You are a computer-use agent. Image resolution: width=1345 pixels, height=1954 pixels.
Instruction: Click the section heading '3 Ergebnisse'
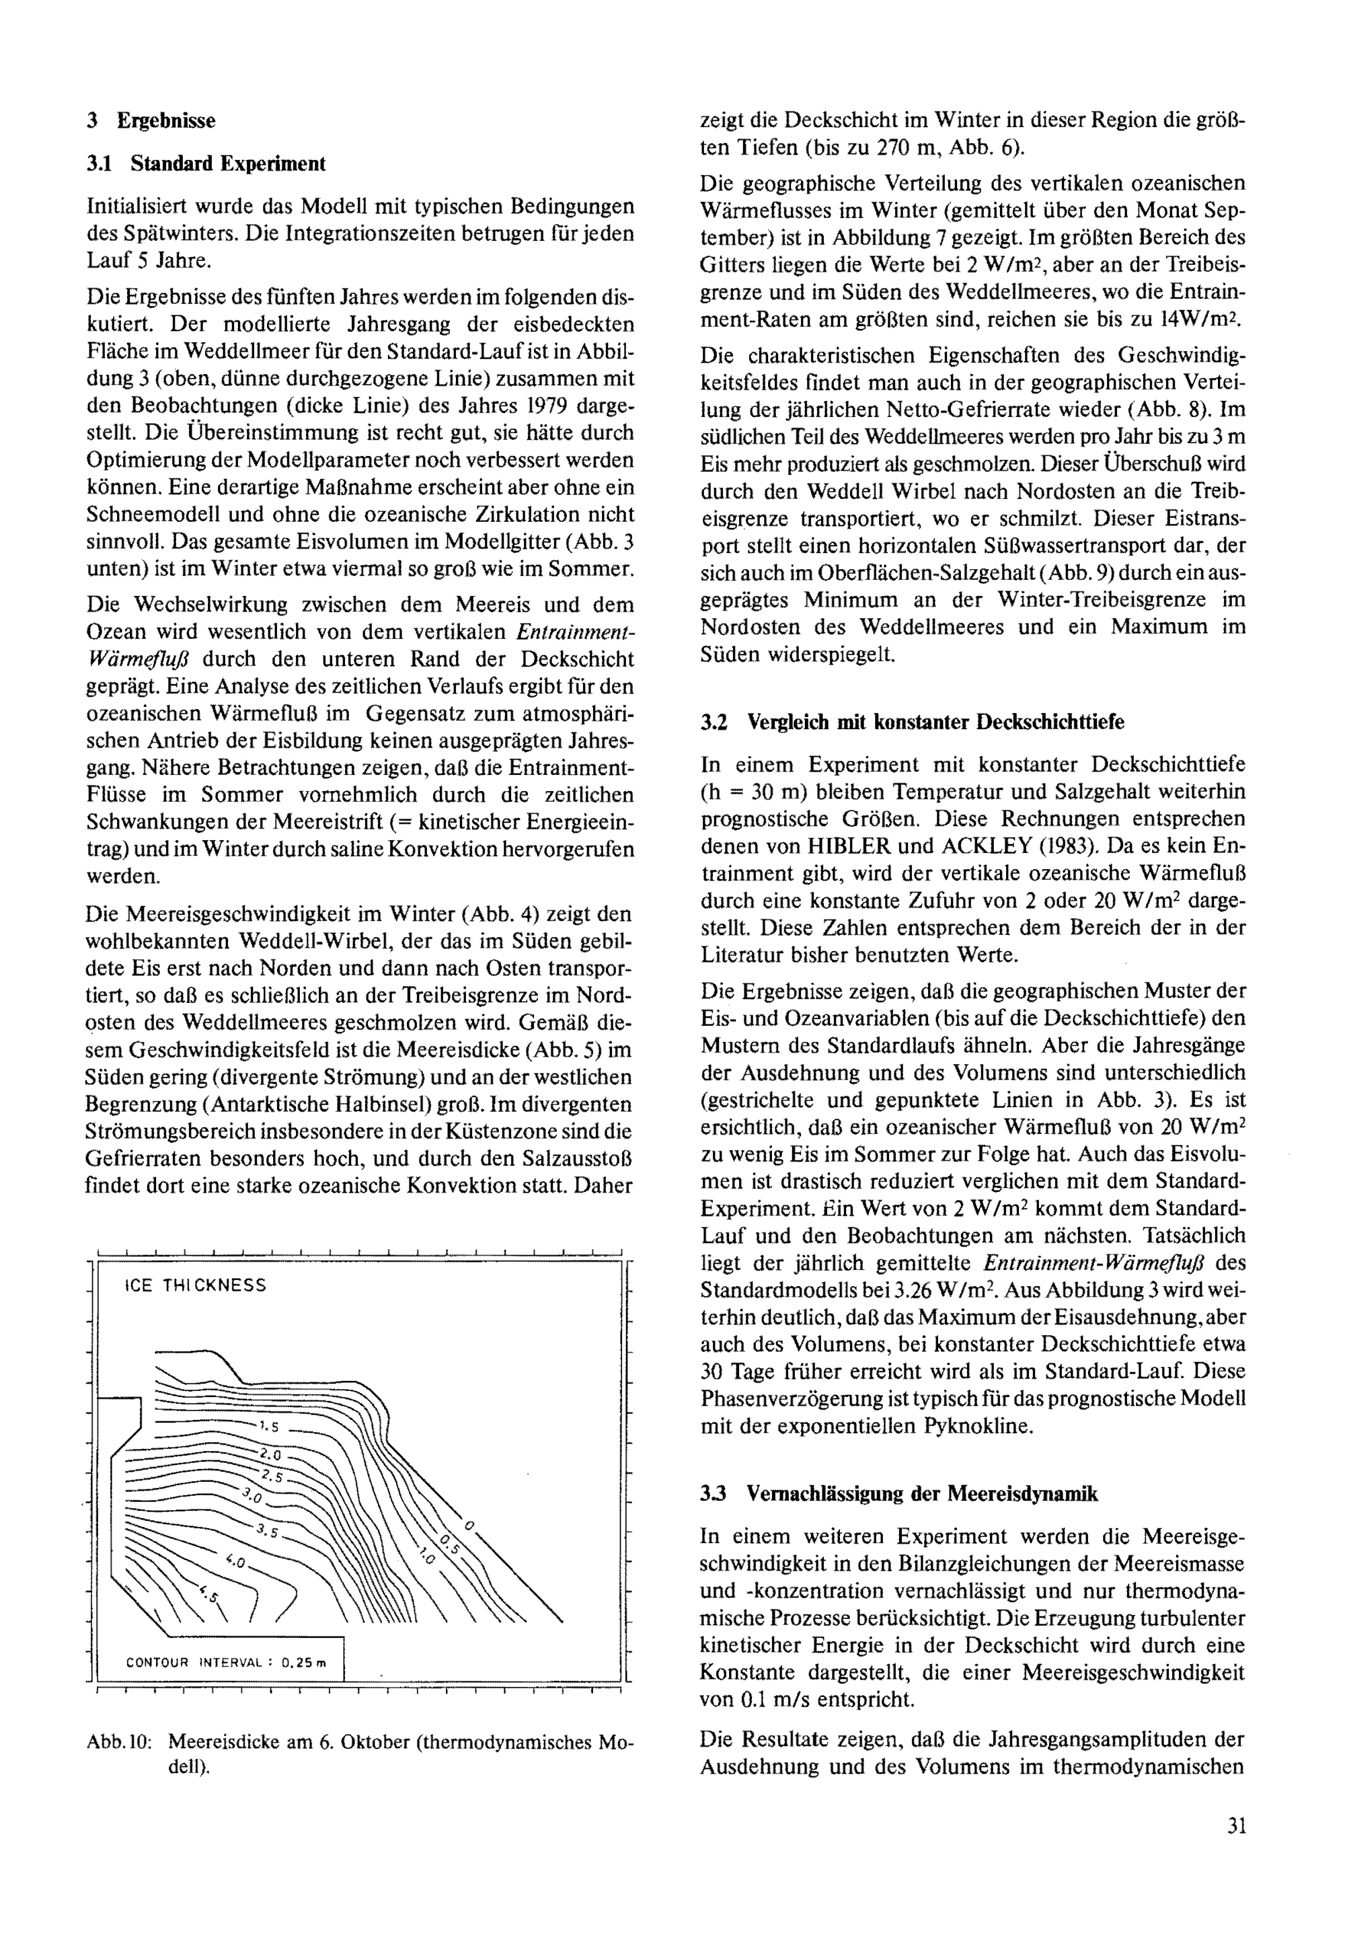[152, 120]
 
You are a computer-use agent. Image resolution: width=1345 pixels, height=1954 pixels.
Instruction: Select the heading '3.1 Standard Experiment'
[206, 163]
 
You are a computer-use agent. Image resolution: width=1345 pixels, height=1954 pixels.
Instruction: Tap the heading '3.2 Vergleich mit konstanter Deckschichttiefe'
[912, 722]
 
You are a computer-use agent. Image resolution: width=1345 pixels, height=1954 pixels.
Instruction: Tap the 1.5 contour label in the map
[269, 1427]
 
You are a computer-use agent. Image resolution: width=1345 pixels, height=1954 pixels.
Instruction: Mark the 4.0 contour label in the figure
[235, 1561]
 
